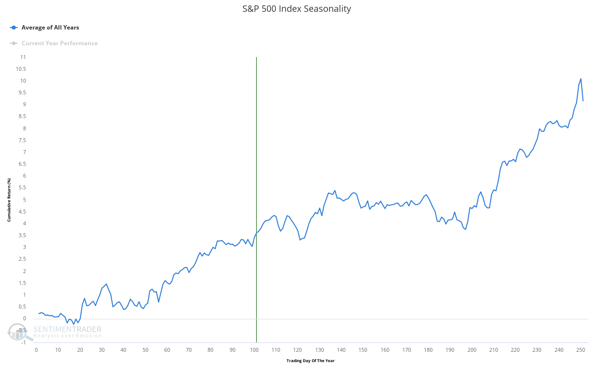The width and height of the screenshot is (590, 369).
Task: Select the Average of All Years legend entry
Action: (x=50, y=28)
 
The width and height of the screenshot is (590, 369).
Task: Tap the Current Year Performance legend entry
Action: (x=59, y=43)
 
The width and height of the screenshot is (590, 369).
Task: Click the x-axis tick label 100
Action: (x=254, y=350)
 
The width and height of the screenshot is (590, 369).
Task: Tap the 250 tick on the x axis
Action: (x=581, y=350)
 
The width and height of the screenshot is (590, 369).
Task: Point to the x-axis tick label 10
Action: (x=58, y=350)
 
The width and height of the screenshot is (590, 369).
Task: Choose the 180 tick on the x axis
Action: (x=428, y=350)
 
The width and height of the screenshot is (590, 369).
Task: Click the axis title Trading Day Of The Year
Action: (x=310, y=361)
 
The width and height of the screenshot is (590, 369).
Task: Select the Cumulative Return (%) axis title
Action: (x=9, y=200)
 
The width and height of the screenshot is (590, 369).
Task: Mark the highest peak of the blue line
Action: (x=581, y=79)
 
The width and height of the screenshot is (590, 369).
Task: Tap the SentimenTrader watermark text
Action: (x=67, y=330)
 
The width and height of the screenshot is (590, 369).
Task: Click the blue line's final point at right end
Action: (x=583, y=101)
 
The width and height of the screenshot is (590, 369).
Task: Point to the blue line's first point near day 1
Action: (x=38, y=313)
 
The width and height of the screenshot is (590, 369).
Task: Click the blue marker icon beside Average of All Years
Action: (x=14, y=28)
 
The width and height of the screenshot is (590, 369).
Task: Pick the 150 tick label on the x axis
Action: (x=363, y=350)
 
